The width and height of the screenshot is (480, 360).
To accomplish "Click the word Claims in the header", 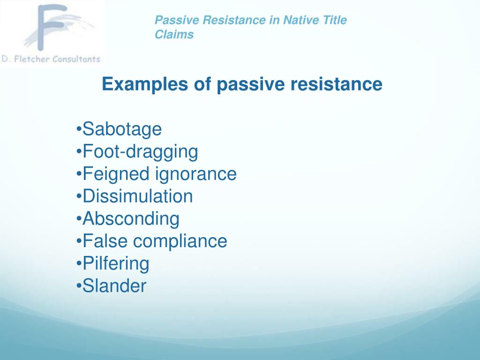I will point(174,35).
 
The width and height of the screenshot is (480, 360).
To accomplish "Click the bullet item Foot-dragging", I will point(140,151).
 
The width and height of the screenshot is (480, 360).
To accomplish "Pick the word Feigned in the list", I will point(116,174).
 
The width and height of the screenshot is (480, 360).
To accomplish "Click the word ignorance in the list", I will point(195,174).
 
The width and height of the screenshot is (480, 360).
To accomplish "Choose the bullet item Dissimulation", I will point(137,196).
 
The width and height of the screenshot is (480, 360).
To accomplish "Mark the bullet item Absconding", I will point(131,218).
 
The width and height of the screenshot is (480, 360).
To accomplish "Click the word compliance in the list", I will point(180,241).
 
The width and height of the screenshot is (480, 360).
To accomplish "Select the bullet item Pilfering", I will point(116,263).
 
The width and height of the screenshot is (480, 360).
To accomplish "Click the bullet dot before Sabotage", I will point(78,129).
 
